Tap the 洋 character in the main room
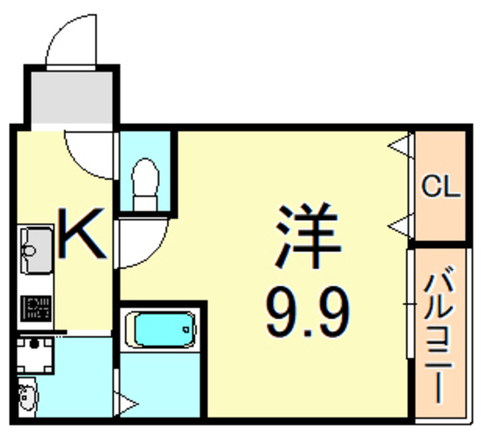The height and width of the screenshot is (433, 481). (307, 235)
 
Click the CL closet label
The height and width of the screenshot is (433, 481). (440, 187)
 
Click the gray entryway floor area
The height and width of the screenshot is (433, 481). (72, 98)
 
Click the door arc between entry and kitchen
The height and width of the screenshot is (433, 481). (90, 154)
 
